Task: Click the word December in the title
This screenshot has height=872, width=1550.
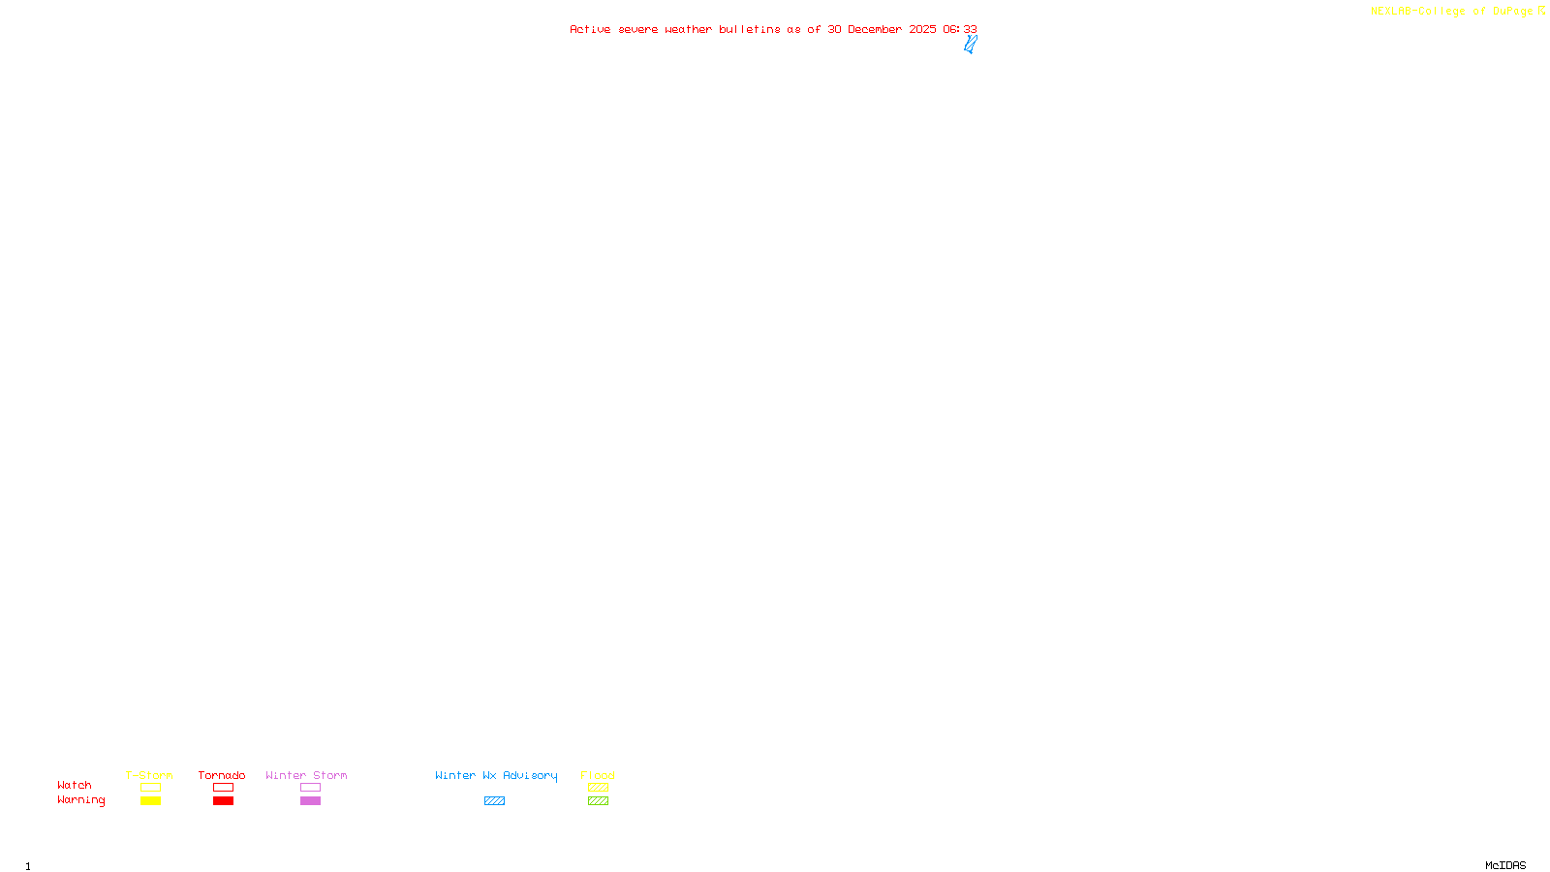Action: (875, 29)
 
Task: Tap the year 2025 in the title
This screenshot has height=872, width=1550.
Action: (922, 29)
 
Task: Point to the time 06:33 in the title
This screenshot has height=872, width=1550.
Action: (960, 29)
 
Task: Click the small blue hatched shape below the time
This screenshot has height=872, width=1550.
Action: (970, 44)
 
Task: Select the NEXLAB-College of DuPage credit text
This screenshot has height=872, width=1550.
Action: (1451, 11)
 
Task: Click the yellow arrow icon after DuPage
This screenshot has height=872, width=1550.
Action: (1541, 11)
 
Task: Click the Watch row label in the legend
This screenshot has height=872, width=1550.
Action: (75, 785)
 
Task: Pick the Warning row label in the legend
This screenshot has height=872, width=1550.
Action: (80, 800)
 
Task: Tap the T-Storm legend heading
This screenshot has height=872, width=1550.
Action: (149, 775)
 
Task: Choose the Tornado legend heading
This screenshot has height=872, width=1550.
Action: (222, 775)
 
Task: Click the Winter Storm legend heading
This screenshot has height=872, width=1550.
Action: (306, 775)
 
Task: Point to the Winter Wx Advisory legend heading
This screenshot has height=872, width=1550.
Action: (496, 775)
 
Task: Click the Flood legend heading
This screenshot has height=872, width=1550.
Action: (598, 775)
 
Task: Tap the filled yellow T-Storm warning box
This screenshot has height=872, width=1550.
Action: (150, 801)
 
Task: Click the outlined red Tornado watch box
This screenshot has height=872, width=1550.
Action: (223, 788)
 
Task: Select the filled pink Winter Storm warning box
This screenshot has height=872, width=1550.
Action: (310, 801)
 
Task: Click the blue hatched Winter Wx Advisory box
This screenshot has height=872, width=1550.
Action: (494, 801)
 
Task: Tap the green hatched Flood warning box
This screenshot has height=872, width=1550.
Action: (598, 801)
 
